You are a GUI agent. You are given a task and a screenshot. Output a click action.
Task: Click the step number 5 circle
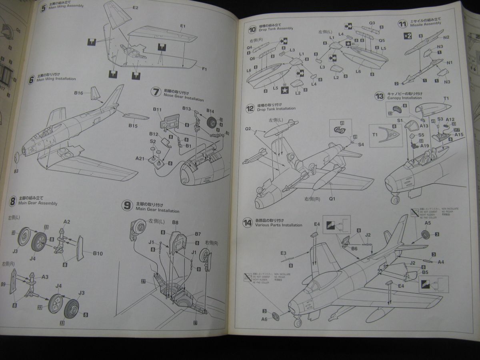click(x=44, y=8)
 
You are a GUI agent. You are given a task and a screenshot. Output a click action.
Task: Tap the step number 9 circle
click(x=127, y=206)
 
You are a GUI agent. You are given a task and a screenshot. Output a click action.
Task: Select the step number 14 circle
click(x=247, y=223)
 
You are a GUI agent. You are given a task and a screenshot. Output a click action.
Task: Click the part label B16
click(x=78, y=93)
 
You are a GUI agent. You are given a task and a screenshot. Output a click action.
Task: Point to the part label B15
click(x=133, y=126)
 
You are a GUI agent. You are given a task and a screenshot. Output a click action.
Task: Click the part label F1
click(x=204, y=69)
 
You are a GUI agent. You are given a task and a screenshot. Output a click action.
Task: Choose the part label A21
click(x=140, y=158)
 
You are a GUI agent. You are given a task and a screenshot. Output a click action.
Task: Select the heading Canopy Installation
click(x=404, y=98)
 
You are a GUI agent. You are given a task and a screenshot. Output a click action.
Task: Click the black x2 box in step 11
click(x=407, y=36)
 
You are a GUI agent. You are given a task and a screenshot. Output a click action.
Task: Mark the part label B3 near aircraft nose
click(x=16, y=171)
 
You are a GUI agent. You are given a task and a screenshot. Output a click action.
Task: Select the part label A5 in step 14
click(x=428, y=223)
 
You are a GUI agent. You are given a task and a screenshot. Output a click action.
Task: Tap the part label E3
click(x=284, y=253)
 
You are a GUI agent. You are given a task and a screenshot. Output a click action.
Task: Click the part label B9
click(x=3, y=284)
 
